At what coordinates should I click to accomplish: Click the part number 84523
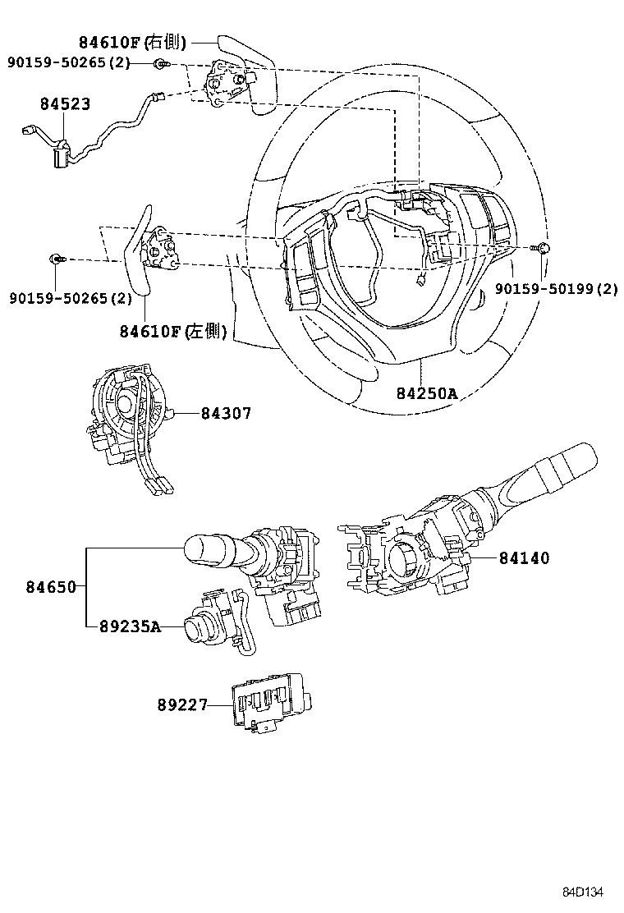tap(66, 104)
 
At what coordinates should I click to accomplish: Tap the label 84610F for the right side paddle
tap(132, 43)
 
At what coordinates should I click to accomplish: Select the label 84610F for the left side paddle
tap(173, 331)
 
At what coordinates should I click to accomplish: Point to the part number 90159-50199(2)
tap(556, 288)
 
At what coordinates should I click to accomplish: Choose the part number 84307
tap(226, 414)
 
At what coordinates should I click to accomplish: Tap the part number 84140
tap(524, 558)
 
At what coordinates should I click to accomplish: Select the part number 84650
tap(50, 587)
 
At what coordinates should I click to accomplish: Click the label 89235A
tap(129, 626)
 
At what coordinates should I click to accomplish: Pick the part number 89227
tap(182, 704)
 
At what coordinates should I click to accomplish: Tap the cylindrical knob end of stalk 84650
tap(209, 549)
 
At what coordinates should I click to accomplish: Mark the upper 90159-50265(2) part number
tap(69, 63)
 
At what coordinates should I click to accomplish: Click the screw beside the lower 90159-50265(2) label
tap(57, 259)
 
